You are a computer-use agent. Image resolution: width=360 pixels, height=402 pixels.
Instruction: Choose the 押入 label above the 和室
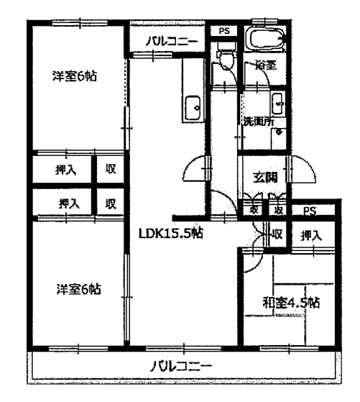[x=310, y=235]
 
